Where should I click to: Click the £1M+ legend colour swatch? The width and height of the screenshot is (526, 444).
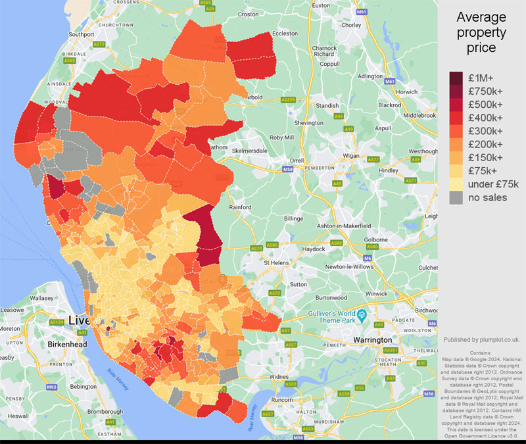pyautogui.click(x=457, y=78)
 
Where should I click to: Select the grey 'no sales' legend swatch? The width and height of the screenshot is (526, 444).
pyautogui.click(x=457, y=197)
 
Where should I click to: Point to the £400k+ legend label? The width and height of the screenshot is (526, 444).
pyautogui.click(x=485, y=118)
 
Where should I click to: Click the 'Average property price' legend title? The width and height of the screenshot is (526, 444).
pyautogui.click(x=481, y=32)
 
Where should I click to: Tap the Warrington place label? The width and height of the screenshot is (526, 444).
pyautogui.click(x=373, y=340)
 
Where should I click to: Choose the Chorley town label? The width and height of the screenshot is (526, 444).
pyautogui.click(x=352, y=26)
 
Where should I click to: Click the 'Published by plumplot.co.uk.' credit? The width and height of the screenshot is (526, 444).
pyautogui.click(x=481, y=340)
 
